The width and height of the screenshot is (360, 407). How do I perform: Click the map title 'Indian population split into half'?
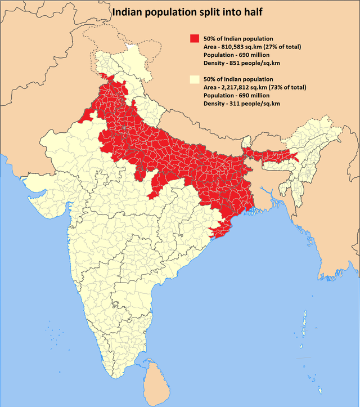179,11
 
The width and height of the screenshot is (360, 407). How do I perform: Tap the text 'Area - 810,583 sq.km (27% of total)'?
253,47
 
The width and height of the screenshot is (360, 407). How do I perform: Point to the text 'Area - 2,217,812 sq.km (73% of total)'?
255,87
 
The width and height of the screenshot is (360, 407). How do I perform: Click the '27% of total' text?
283,47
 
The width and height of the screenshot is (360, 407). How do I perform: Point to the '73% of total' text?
287,87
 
